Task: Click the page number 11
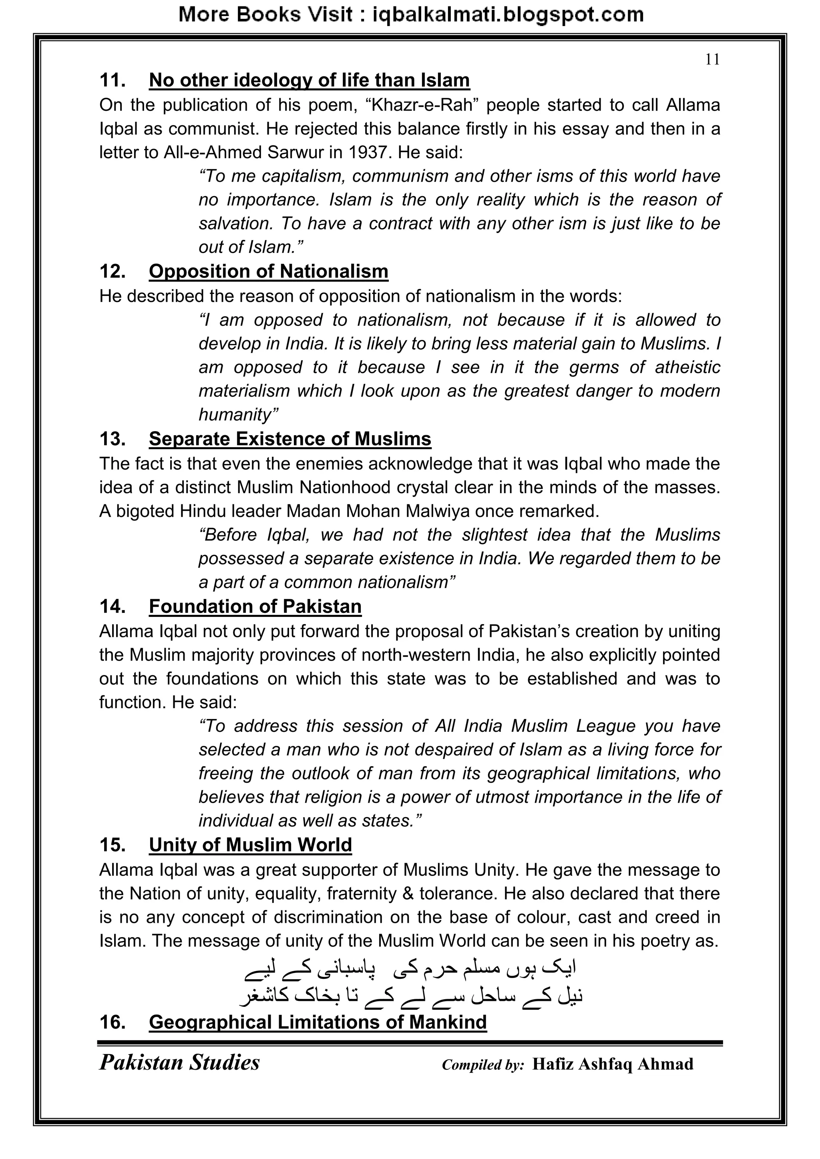pos(712,60)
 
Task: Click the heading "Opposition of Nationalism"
pos(268,271)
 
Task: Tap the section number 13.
pos(112,439)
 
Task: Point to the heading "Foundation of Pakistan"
pos(255,606)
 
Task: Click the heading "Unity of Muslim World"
pos(250,845)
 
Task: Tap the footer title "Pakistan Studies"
pos(179,1063)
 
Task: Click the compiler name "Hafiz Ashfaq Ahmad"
pos(613,1064)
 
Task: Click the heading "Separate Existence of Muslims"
pos(290,439)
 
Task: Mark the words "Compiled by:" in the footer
pos(483,1065)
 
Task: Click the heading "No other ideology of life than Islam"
pos(309,80)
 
